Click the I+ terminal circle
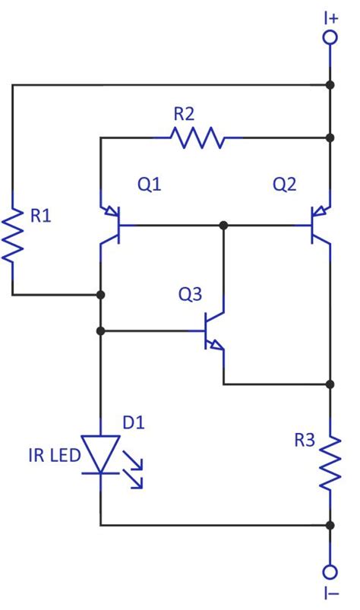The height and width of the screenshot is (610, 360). coord(330,37)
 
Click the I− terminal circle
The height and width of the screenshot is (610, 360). coord(330,572)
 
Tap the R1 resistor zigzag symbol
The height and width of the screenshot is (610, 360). coord(12,236)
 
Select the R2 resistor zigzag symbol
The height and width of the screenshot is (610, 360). coord(197,138)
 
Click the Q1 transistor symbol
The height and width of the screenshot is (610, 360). coord(113,225)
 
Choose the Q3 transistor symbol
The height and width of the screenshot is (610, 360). coord(214,331)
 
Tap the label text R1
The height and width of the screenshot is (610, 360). coord(41,217)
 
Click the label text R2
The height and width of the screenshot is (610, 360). coord(185,115)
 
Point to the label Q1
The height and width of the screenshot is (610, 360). coord(149,185)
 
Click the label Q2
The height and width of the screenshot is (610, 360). coord(285,185)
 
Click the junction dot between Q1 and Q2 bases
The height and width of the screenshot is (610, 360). coord(223,225)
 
